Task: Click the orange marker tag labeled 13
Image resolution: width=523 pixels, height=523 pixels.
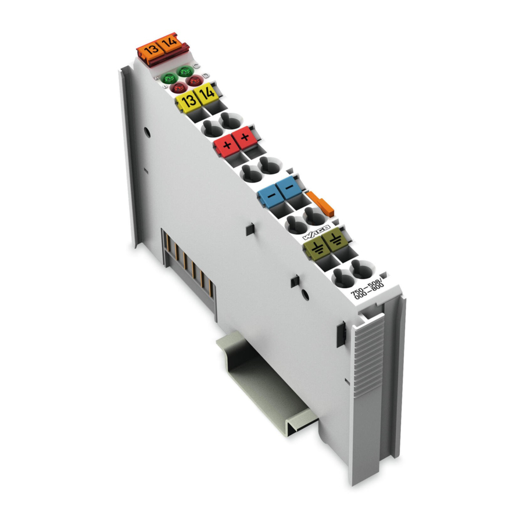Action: pyautogui.click(x=150, y=49)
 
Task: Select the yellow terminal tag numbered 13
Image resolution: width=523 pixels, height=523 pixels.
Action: pyautogui.click(x=187, y=102)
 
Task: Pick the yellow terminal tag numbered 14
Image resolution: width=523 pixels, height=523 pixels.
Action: pyautogui.click(x=206, y=94)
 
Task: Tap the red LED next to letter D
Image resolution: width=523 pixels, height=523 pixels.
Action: pyautogui.click(x=193, y=81)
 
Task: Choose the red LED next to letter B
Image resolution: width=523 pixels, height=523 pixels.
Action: pyautogui.click(x=177, y=87)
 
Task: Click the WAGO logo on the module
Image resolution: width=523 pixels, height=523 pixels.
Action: pyautogui.click(x=316, y=231)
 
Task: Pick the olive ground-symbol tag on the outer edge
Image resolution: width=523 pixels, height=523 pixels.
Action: pyautogui.click(x=335, y=242)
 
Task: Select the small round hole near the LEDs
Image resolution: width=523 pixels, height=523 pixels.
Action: pyautogui.click(x=148, y=131)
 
